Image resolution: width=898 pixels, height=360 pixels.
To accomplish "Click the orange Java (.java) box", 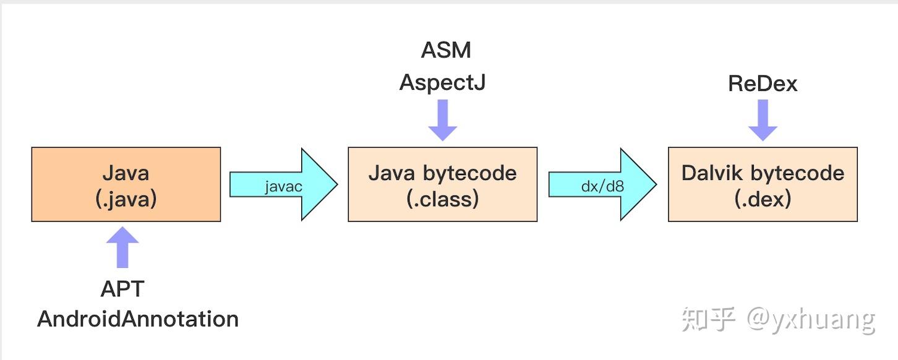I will pyautogui.click(x=126, y=184).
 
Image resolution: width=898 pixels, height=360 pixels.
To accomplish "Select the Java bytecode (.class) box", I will pyautogui.click(x=442, y=184).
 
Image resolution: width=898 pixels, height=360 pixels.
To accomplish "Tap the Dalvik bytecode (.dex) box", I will pyautogui.click(x=763, y=184).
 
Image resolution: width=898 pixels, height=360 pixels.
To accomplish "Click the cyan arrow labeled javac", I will pyautogui.click(x=284, y=184).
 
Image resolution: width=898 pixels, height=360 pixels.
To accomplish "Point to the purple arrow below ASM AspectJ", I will pyautogui.click(x=443, y=121).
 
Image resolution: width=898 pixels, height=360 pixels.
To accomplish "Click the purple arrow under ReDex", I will pyautogui.click(x=763, y=121).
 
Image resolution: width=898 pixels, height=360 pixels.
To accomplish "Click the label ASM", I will pyautogui.click(x=446, y=50).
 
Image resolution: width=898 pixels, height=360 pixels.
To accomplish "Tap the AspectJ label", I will pyautogui.click(x=442, y=82).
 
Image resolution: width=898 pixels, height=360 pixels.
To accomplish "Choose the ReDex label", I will pyautogui.click(x=763, y=84).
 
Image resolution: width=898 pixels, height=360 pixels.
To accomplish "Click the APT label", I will pyautogui.click(x=122, y=289).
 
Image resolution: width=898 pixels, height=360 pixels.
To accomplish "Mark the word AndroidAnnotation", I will pyautogui.click(x=138, y=319).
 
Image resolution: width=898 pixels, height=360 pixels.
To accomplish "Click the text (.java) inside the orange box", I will pyautogui.click(x=126, y=199).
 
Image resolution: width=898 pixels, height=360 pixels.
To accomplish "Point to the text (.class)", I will pyautogui.click(x=442, y=199).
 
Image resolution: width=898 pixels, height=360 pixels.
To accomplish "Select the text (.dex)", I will pyautogui.click(x=763, y=199).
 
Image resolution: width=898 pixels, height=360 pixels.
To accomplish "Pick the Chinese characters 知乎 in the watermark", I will pyautogui.click(x=709, y=319).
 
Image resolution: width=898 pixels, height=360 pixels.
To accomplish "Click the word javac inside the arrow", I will pyautogui.click(x=283, y=186).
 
